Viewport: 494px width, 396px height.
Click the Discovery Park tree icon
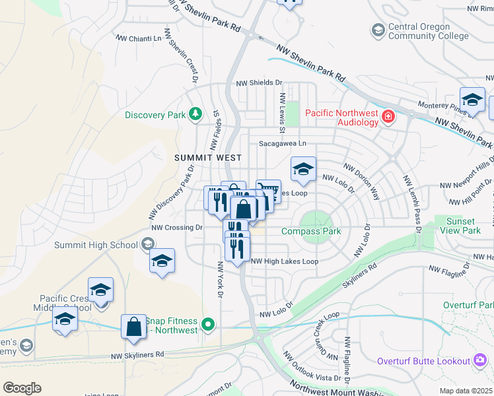pyautogui.click(x=195, y=115)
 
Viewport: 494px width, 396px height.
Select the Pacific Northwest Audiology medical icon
pyautogui.click(x=388, y=117)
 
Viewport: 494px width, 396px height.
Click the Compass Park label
pyautogui.click(x=311, y=231)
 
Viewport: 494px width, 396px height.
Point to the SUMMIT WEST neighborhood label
pyautogui.click(x=208, y=158)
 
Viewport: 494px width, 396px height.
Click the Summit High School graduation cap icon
pyautogui.click(x=150, y=245)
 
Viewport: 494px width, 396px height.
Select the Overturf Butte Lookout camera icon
pyautogui.click(x=480, y=360)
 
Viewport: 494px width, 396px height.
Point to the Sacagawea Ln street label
pyautogui.click(x=283, y=143)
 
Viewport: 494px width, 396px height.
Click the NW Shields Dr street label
pyautogui.click(x=259, y=83)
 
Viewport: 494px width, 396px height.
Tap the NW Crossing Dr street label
pyautogui.click(x=176, y=227)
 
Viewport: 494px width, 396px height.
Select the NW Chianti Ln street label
pyautogui.click(x=139, y=38)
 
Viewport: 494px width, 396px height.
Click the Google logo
pyautogui.click(x=22, y=387)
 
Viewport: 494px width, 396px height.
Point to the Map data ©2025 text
pyautogui.click(x=466, y=391)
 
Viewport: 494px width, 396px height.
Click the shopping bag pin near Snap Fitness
pyautogui.click(x=133, y=326)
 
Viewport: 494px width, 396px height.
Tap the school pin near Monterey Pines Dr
pyautogui.click(x=472, y=100)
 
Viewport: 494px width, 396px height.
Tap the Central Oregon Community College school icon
pyautogui.click(x=378, y=30)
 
